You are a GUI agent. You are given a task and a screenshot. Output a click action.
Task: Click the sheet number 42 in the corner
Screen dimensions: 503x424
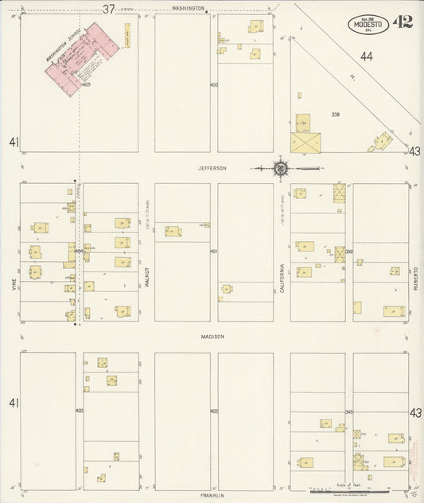pyautogui.click(x=403, y=21)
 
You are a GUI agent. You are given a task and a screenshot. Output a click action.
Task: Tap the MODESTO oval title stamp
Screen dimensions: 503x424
pyautogui.click(x=368, y=25)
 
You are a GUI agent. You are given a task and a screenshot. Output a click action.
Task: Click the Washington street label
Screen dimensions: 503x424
pyautogui.click(x=189, y=9)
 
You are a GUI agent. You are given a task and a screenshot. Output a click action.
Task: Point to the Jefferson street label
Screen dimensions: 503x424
pyautogui.click(x=213, y=168)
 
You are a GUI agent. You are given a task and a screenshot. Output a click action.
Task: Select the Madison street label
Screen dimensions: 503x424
pyautogui.click(x=213, y=337)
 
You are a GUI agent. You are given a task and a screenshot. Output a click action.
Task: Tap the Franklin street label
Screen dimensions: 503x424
pyautogui.click(x=213, y=495)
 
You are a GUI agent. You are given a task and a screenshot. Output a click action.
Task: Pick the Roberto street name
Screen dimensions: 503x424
pyautogui.click(x=415, y=278)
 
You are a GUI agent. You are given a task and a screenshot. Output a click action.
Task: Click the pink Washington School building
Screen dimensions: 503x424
pyautogui.click(x=82, y=57)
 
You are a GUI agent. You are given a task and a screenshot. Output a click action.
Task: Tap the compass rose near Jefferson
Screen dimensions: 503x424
pyautogui.click(x=281, y=168)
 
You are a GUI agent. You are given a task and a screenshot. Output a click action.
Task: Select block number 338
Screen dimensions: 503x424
pyautogui.click(x=336, y=115)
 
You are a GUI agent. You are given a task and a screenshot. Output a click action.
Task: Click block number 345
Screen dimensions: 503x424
pyautogui.click(x=348, y=411)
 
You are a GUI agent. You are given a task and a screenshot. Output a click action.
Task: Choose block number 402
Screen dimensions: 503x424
pyautogui.click(x=213, y=411)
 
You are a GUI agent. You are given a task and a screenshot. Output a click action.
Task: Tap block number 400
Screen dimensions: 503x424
pyautogui.click(x=213, y=84)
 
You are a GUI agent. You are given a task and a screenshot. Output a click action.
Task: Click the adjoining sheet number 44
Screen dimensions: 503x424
pyautogui.click(x=366, y=56)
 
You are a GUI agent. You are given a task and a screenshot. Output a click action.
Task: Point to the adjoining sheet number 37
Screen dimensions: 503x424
pyautogui.click(x=109, y=9)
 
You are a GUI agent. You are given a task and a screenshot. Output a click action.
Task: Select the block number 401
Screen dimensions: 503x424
pyautogui.click(x=213, y=251)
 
